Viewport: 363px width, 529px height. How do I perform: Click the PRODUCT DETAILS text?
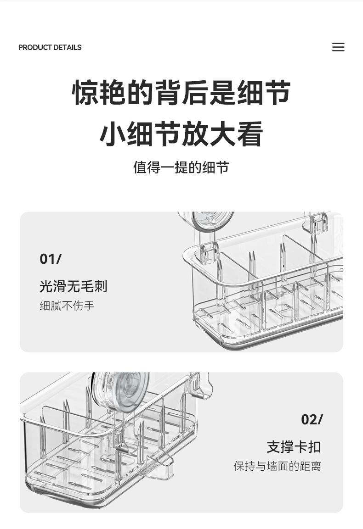[50, 47]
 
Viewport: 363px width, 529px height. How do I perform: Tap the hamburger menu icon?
[338, 47]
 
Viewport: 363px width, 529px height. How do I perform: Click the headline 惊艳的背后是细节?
[181, 93]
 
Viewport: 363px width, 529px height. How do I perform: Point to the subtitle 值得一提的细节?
[181, 167]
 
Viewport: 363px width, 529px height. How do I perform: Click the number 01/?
[51, 259]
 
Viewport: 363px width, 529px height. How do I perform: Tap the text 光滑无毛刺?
[73, 287]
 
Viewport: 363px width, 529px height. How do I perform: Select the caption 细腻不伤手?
[67, 306]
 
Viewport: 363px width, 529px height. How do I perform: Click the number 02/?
[312, 419]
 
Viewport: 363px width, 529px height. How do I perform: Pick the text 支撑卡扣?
[294, 447]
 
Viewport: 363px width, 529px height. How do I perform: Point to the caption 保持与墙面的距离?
[278, 467]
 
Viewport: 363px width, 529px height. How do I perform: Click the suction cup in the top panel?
[207, 220]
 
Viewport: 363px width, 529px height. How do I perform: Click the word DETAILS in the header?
[68, 47]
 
